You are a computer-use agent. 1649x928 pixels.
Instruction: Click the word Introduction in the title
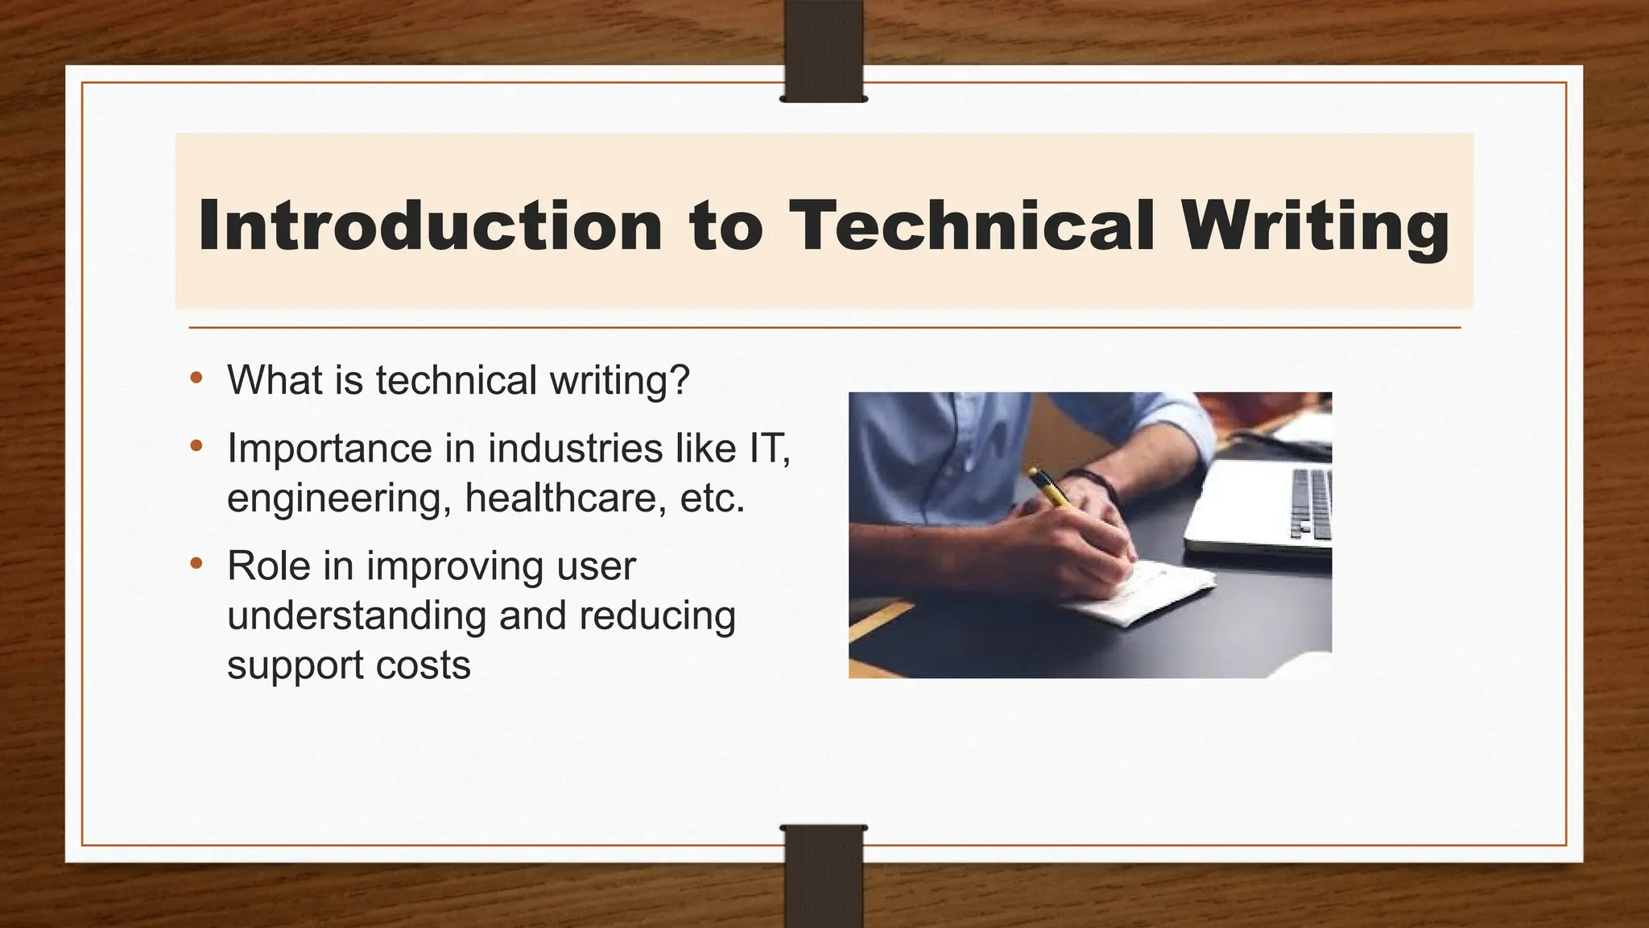(x=430, y=226)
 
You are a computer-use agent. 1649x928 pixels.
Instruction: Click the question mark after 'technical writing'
(x=681, y=380)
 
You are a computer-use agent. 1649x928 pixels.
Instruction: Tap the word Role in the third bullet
(x=268, y=565)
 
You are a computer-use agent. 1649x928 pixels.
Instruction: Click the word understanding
(x=356, y=616)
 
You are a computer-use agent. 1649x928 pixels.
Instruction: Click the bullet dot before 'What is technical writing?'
(x=196, y=378)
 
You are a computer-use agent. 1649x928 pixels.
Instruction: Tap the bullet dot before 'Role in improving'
(x=196, y=563)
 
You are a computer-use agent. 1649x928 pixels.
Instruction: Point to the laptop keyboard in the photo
(x=1310, y=503)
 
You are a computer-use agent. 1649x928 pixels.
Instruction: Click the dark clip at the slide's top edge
(x=824, y=52)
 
